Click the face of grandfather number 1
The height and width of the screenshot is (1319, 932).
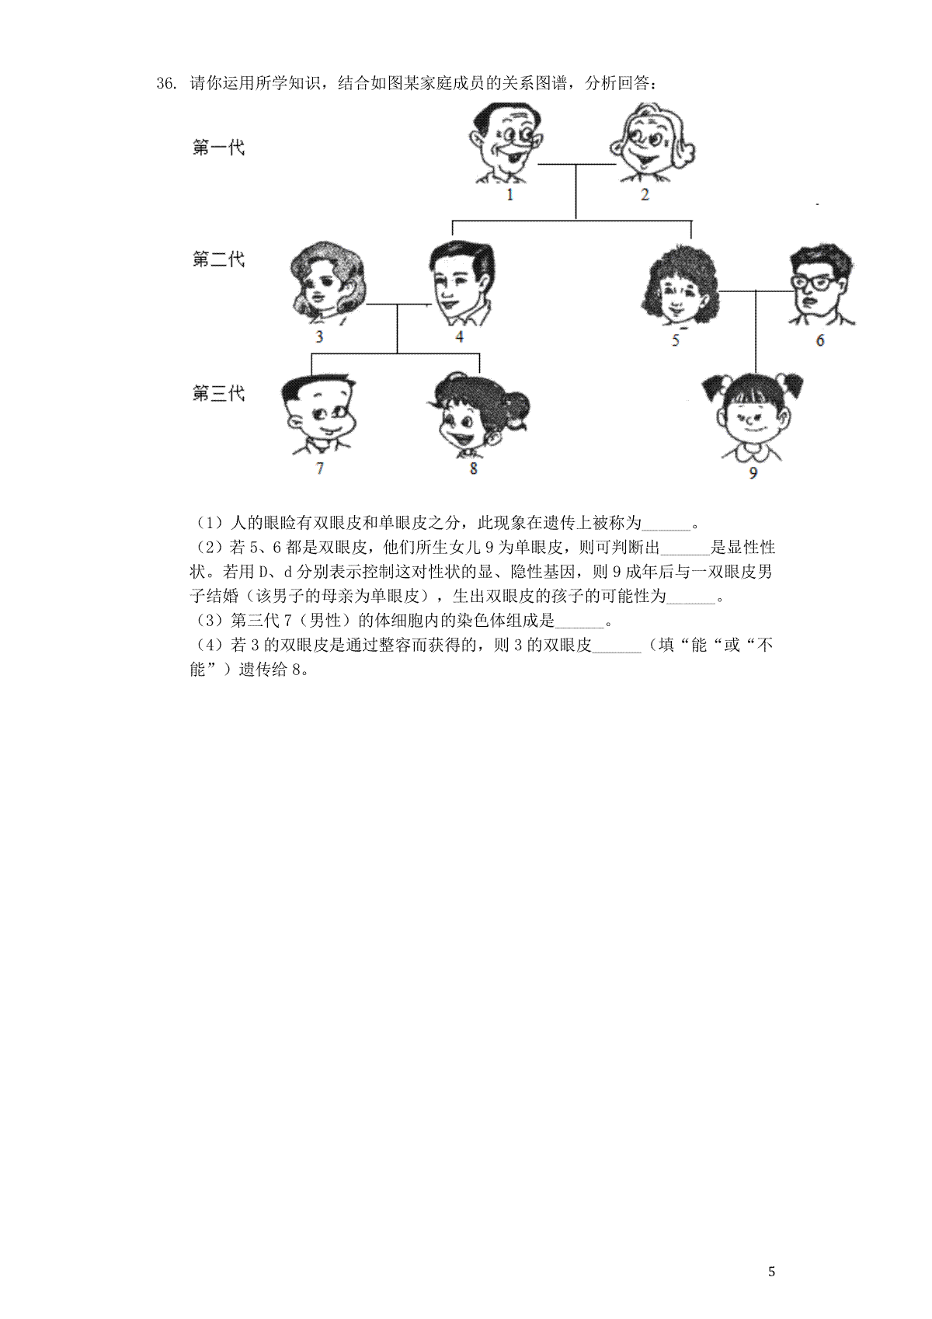tap(506, 142)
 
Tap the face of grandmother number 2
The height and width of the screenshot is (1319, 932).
tap(651, 142)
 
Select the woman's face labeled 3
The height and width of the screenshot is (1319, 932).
tap(327, 283)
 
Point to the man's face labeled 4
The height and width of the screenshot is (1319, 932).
tap(461, 283)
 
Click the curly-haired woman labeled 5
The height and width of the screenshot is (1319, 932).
tap(680, 286)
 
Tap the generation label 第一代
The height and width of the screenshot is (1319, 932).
tap(218, 148)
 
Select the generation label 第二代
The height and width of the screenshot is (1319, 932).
tap(218, 259)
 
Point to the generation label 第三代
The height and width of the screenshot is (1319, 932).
tap(218, 393)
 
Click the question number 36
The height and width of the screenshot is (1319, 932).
tap(167, 84)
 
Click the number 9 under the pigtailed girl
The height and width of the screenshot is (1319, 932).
tap(753, 473)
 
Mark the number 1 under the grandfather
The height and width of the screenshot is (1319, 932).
tap(509, 194)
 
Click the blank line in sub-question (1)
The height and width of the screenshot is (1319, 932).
tap(666, 530)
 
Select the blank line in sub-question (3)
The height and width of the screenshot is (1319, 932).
tap(580, 628)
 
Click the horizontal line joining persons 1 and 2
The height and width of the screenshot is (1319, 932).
tap(577, 164)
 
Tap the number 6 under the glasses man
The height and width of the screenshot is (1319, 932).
tap(820, 340)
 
